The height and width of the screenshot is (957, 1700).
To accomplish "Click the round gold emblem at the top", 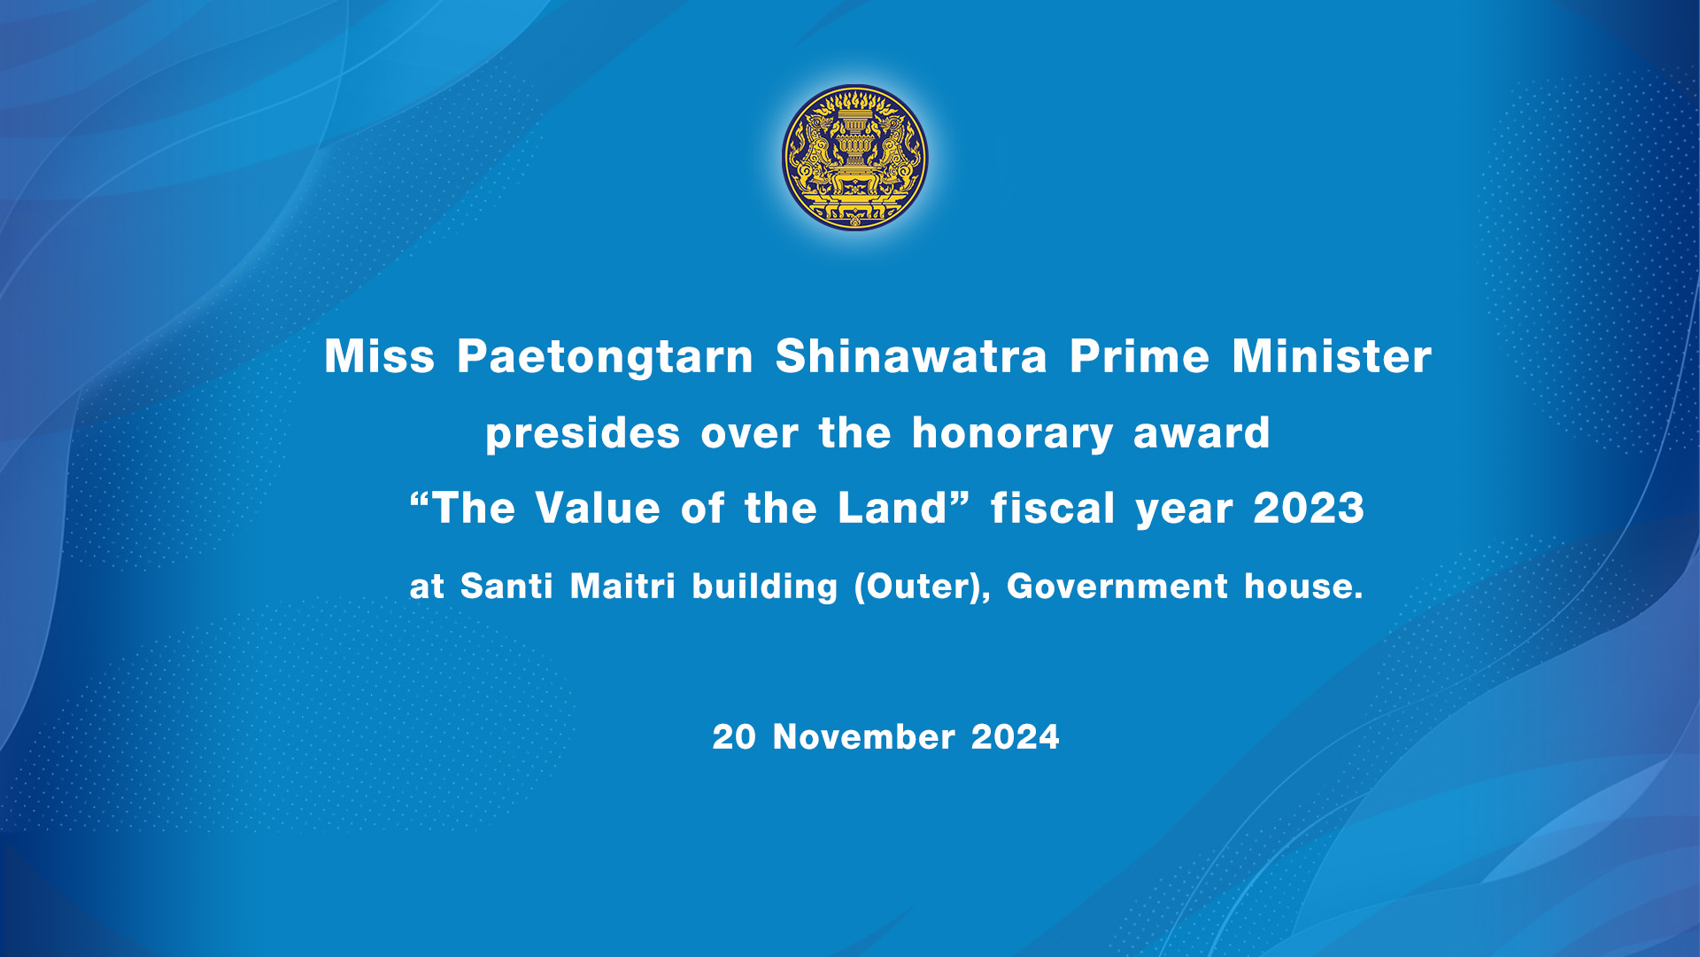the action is coord(854,158).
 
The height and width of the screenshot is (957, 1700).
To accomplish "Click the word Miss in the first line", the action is coord(380,356).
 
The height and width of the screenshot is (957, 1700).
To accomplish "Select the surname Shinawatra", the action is coord(911,356).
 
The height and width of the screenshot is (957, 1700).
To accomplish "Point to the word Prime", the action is coord(1140,356).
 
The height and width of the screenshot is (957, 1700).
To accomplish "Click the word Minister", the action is coord(1332,356).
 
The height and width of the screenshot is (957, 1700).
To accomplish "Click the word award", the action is coord(1202,433).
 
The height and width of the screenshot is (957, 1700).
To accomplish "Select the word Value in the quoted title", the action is coord(598,509).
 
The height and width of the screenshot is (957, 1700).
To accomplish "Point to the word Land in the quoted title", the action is coord(892,509).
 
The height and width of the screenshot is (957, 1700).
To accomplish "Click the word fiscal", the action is coord(1053,509).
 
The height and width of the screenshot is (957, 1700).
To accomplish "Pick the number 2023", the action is coord(1309,509).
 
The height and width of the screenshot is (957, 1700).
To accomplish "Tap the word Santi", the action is coord(506,587).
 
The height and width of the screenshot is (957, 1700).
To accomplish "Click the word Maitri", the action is coord(622,587).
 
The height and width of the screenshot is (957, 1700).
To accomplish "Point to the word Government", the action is coord(1117,587).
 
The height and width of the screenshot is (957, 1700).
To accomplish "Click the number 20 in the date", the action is coord(734,737).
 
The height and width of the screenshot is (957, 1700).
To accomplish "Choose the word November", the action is coord(863,737).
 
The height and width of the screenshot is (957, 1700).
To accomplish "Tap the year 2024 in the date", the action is coord(1015,737).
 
